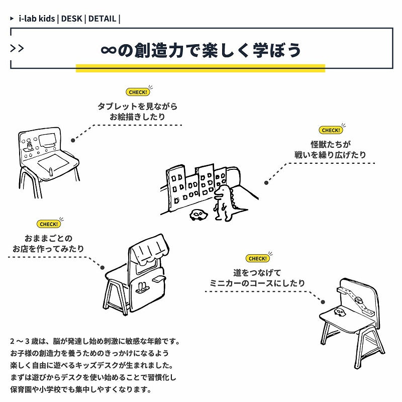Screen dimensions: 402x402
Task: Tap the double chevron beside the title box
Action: click(17, 48)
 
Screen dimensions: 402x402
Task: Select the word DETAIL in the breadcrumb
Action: click(102, 19)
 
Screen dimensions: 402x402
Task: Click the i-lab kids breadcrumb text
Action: click(36, 19)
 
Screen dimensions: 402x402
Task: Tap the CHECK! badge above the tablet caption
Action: click(138, 92)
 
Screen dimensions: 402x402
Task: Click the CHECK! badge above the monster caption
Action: click(331, 130)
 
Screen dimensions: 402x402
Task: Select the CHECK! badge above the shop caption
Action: click(48, 224)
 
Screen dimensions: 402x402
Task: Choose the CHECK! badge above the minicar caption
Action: click(257, 258)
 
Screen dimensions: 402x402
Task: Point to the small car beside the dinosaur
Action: click(198, 215)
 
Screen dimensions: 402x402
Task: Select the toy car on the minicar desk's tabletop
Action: click(341, 313)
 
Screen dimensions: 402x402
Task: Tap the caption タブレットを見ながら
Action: click(137, 107)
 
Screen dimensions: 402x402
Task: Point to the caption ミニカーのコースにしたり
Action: click(257, 283)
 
